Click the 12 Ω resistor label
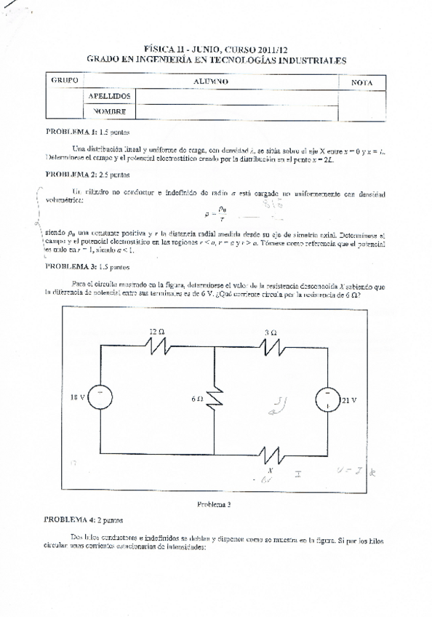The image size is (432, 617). pos(156,331)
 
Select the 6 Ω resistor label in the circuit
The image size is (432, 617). pos(197,399)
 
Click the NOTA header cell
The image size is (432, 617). pos(361,82)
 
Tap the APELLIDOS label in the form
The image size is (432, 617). pos(109,96)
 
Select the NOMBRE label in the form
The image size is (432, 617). pos(109,111)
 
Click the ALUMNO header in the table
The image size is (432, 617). pos(211,81)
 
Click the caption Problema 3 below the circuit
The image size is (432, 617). pos(214,503)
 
